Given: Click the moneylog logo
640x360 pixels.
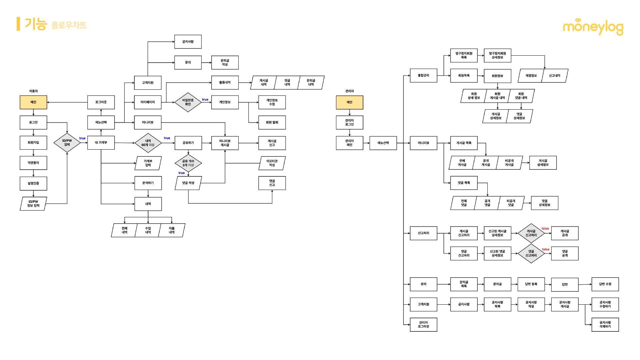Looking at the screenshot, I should (593, 27).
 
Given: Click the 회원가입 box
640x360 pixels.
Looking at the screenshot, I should (33, 143).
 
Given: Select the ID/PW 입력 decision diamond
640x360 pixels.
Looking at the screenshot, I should (67, 143).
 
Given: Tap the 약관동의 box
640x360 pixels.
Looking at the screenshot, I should (33, 163).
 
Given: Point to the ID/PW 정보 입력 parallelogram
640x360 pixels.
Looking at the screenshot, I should (33, 204).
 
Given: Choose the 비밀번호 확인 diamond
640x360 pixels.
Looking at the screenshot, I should (188, 102).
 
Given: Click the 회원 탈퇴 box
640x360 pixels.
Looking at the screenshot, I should (272, 123).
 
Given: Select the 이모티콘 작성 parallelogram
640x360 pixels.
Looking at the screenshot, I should (272, 163).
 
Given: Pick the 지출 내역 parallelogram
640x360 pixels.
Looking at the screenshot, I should (172, 230).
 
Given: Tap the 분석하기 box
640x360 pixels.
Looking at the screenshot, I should (148, 183).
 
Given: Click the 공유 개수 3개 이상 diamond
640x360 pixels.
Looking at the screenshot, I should (188, 163).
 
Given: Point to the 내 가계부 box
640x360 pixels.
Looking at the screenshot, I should (101, 143).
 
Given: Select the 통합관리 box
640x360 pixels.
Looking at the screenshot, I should (423, 76).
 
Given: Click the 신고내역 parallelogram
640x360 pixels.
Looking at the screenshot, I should (555, 76).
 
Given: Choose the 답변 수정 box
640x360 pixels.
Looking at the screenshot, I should (605, 284).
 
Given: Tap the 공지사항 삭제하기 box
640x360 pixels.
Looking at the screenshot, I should (605, 325).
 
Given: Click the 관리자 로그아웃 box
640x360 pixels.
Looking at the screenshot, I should (423, 325).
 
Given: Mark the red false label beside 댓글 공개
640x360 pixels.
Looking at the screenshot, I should (546, 249).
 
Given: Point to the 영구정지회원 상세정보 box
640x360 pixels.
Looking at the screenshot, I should (497, 55).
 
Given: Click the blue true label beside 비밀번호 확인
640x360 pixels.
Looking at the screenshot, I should (205, 100).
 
